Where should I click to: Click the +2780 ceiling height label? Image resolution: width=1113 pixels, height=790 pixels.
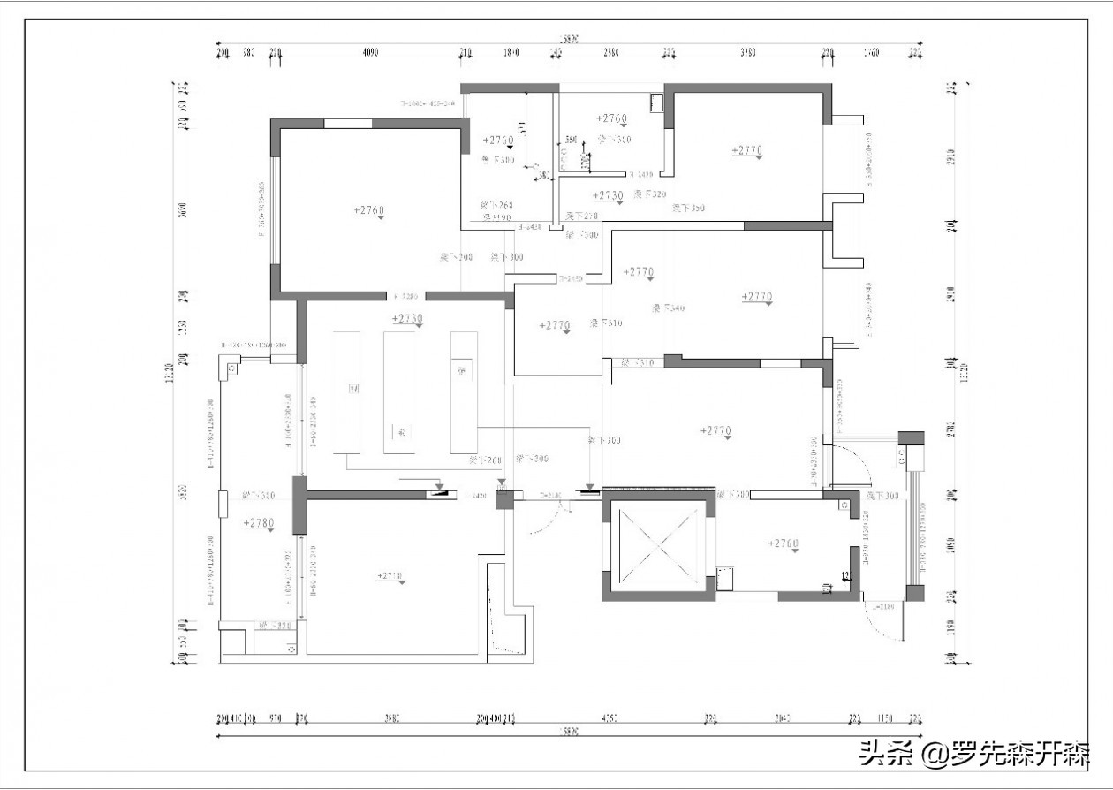coord(259,523)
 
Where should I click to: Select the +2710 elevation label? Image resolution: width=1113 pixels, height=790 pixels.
coord(390,576)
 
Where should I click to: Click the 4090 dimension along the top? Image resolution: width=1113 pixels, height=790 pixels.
coord(370,53)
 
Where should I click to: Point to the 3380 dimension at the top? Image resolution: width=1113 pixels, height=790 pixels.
coord(747,53)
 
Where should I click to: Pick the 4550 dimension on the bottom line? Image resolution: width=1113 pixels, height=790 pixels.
coord(609,719)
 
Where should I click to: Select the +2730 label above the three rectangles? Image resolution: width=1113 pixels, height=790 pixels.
coord(407,318)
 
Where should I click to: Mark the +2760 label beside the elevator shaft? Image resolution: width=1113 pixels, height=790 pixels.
coord(784,543)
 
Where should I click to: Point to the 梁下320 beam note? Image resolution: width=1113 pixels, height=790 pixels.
coord(650,194)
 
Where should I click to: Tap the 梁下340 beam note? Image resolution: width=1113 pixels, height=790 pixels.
coord(669,308)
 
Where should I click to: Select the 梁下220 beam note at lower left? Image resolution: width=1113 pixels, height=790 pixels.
coord(274,626)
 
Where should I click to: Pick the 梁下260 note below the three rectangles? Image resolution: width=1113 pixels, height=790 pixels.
coord(485,460)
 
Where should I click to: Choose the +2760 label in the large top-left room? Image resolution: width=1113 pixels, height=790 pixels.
coord(369,210)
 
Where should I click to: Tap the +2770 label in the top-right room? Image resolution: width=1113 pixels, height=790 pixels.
coord(746,150)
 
